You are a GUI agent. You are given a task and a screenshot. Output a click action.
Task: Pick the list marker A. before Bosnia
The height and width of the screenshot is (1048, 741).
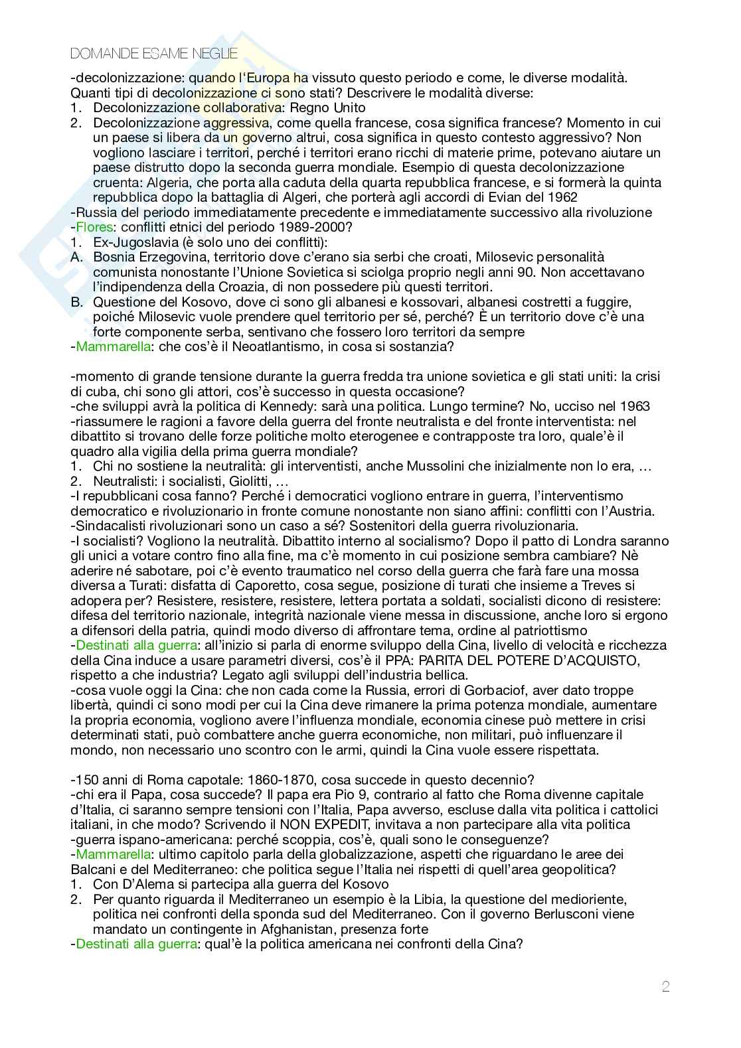click(x=78, y=257)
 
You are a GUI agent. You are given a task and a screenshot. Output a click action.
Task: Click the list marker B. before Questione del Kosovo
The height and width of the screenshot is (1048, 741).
click(x=78, y=302)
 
